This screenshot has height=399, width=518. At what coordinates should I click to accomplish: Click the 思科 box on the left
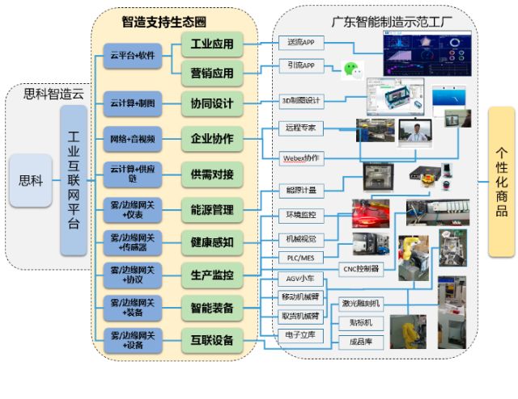[30, 180]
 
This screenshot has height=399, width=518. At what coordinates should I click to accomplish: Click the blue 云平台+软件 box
[133, 56]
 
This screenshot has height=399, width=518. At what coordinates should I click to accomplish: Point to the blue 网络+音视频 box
[133, 139]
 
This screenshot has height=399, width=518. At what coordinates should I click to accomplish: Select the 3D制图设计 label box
[301, 101]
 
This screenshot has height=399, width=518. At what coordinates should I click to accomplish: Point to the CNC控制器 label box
[361, 268]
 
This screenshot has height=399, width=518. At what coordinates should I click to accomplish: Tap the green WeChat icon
[350, 69]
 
